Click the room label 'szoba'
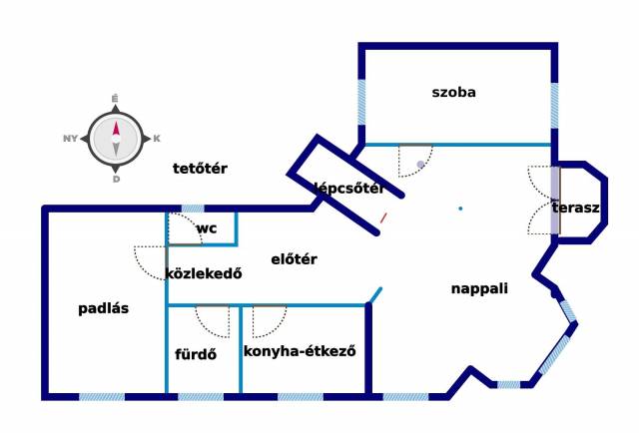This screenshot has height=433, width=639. (453, 93)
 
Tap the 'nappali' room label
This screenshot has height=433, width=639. (479, 288)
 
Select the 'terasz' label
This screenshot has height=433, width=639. (575, 209)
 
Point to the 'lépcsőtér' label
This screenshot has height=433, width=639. (348, 187)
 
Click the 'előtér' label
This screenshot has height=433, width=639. (294, 259)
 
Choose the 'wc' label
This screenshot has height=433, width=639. (207, 228)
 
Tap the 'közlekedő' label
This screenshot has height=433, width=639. (204, 274)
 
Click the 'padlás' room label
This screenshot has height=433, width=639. (104, 308)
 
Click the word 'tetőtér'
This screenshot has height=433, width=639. (200, 169)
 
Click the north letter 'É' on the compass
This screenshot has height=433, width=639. (116, 98)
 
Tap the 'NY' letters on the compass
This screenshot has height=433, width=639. (70, 139)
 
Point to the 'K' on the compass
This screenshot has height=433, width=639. (157, 139)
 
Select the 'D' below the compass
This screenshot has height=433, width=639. (116, 180)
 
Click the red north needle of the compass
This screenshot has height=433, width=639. (116, 128)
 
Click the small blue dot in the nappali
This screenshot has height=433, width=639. (460, 209)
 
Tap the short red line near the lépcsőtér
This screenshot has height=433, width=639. (383, 216)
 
